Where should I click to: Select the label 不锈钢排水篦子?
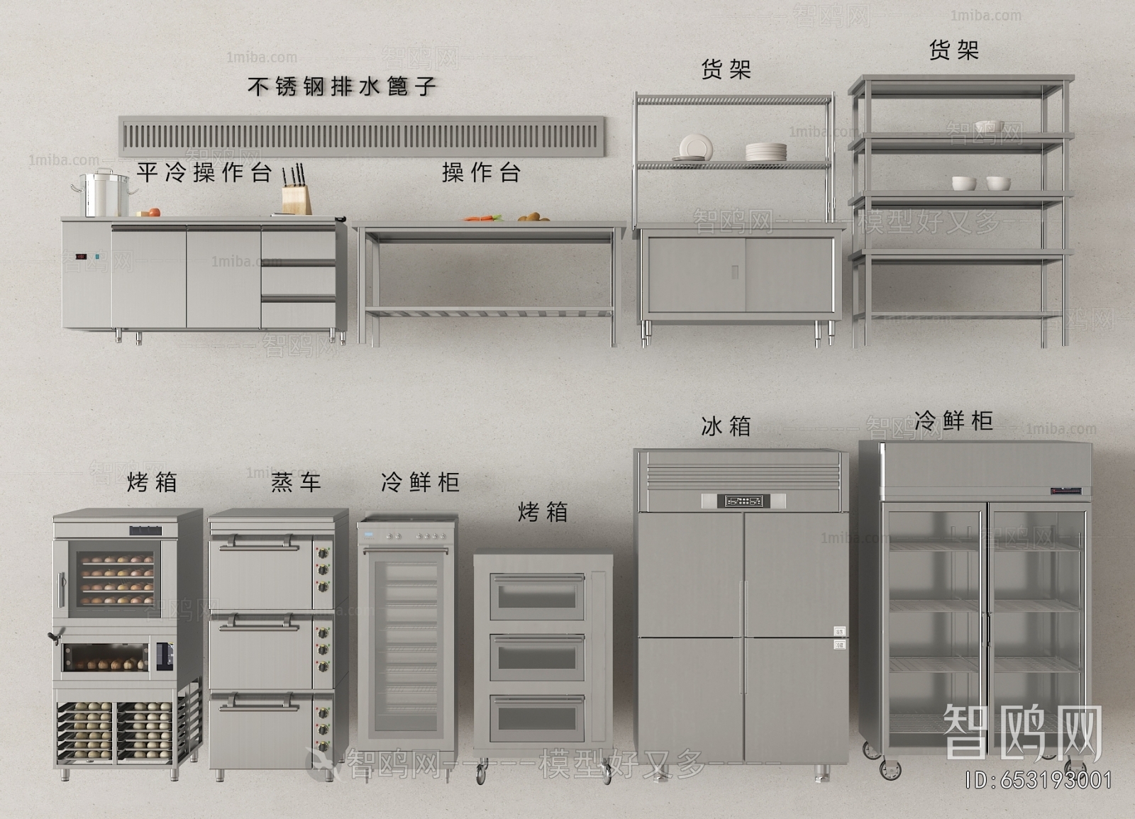pos(341,87)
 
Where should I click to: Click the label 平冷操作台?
pos(204,172)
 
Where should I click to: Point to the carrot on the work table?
pos(482,218)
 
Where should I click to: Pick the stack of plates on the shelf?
pos(765,152)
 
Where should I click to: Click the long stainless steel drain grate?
pos(362,135)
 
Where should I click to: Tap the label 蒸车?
pos(296,482)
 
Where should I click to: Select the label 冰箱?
pos(726,426)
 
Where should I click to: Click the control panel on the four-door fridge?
pos(743,501)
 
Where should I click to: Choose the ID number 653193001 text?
pos(1039,781)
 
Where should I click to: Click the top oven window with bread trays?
pos(116,579)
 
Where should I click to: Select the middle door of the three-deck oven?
pos(538,656)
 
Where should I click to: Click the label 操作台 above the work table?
pos(481,172)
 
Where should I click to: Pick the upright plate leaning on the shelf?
pos(694,147)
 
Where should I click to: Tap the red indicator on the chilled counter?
pos(79,256)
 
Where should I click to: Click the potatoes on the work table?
pos(532,217)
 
